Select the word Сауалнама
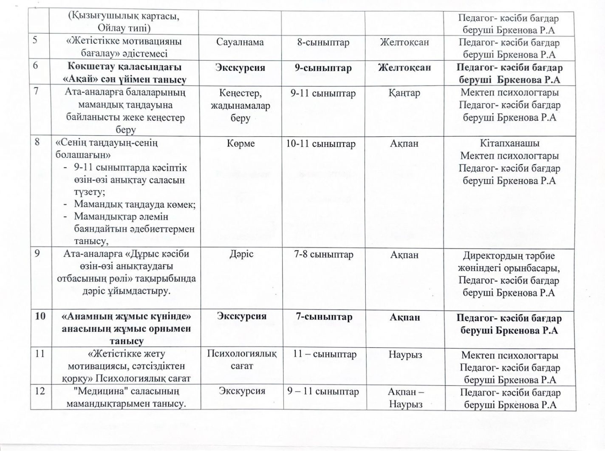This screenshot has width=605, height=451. click(240, 42)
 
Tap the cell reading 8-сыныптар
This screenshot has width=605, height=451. click(324, 42)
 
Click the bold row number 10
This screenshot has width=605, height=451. click(40, 317)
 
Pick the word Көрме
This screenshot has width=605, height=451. click(241, 144)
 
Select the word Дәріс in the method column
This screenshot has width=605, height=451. click(241, 254)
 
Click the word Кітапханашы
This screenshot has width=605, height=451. click(509, 144)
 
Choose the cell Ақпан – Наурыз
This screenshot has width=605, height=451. click(406, 397)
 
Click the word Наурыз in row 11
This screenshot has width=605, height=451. click(405, 355)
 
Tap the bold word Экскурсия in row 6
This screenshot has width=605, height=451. click(240, 68)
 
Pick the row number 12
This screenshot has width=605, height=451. click(40, 391)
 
